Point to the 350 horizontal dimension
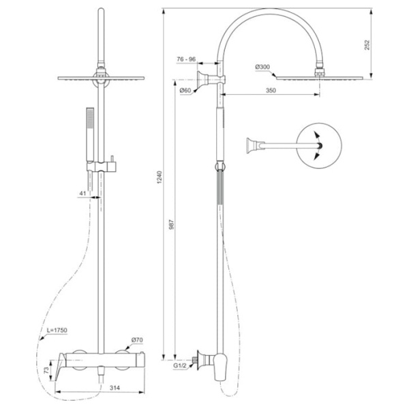click(271, 89)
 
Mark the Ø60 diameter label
click(184, 90)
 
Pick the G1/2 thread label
click(182, 367)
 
